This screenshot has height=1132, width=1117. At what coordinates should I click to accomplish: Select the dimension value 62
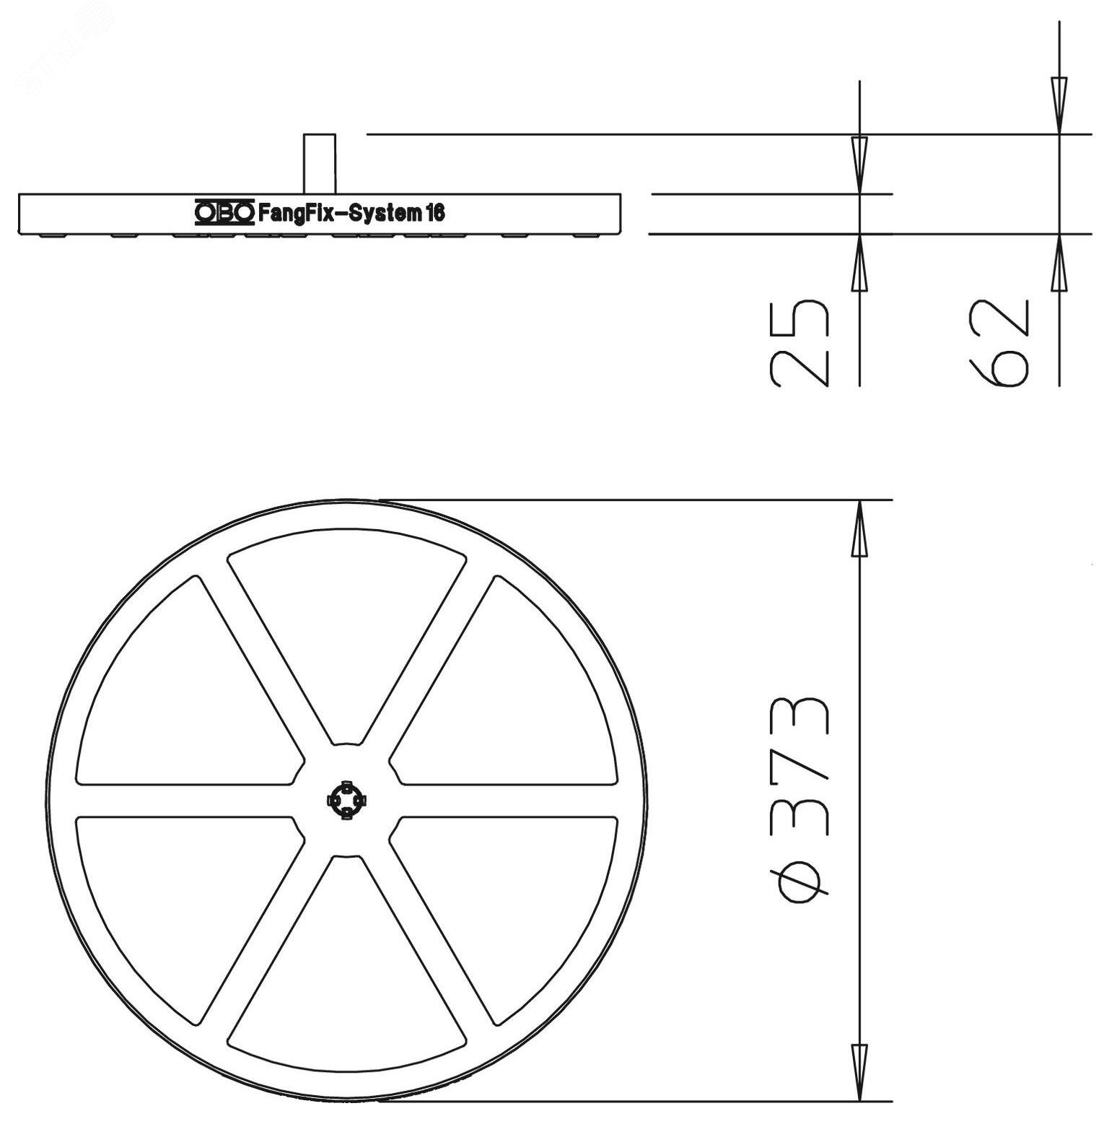point(999,343)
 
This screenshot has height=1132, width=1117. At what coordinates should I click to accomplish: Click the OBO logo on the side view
point(224,212)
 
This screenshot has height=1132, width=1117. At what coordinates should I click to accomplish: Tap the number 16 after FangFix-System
point(435,212)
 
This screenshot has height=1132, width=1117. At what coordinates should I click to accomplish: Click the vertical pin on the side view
point(319,164)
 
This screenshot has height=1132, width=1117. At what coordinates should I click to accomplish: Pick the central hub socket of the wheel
point(347,800)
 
